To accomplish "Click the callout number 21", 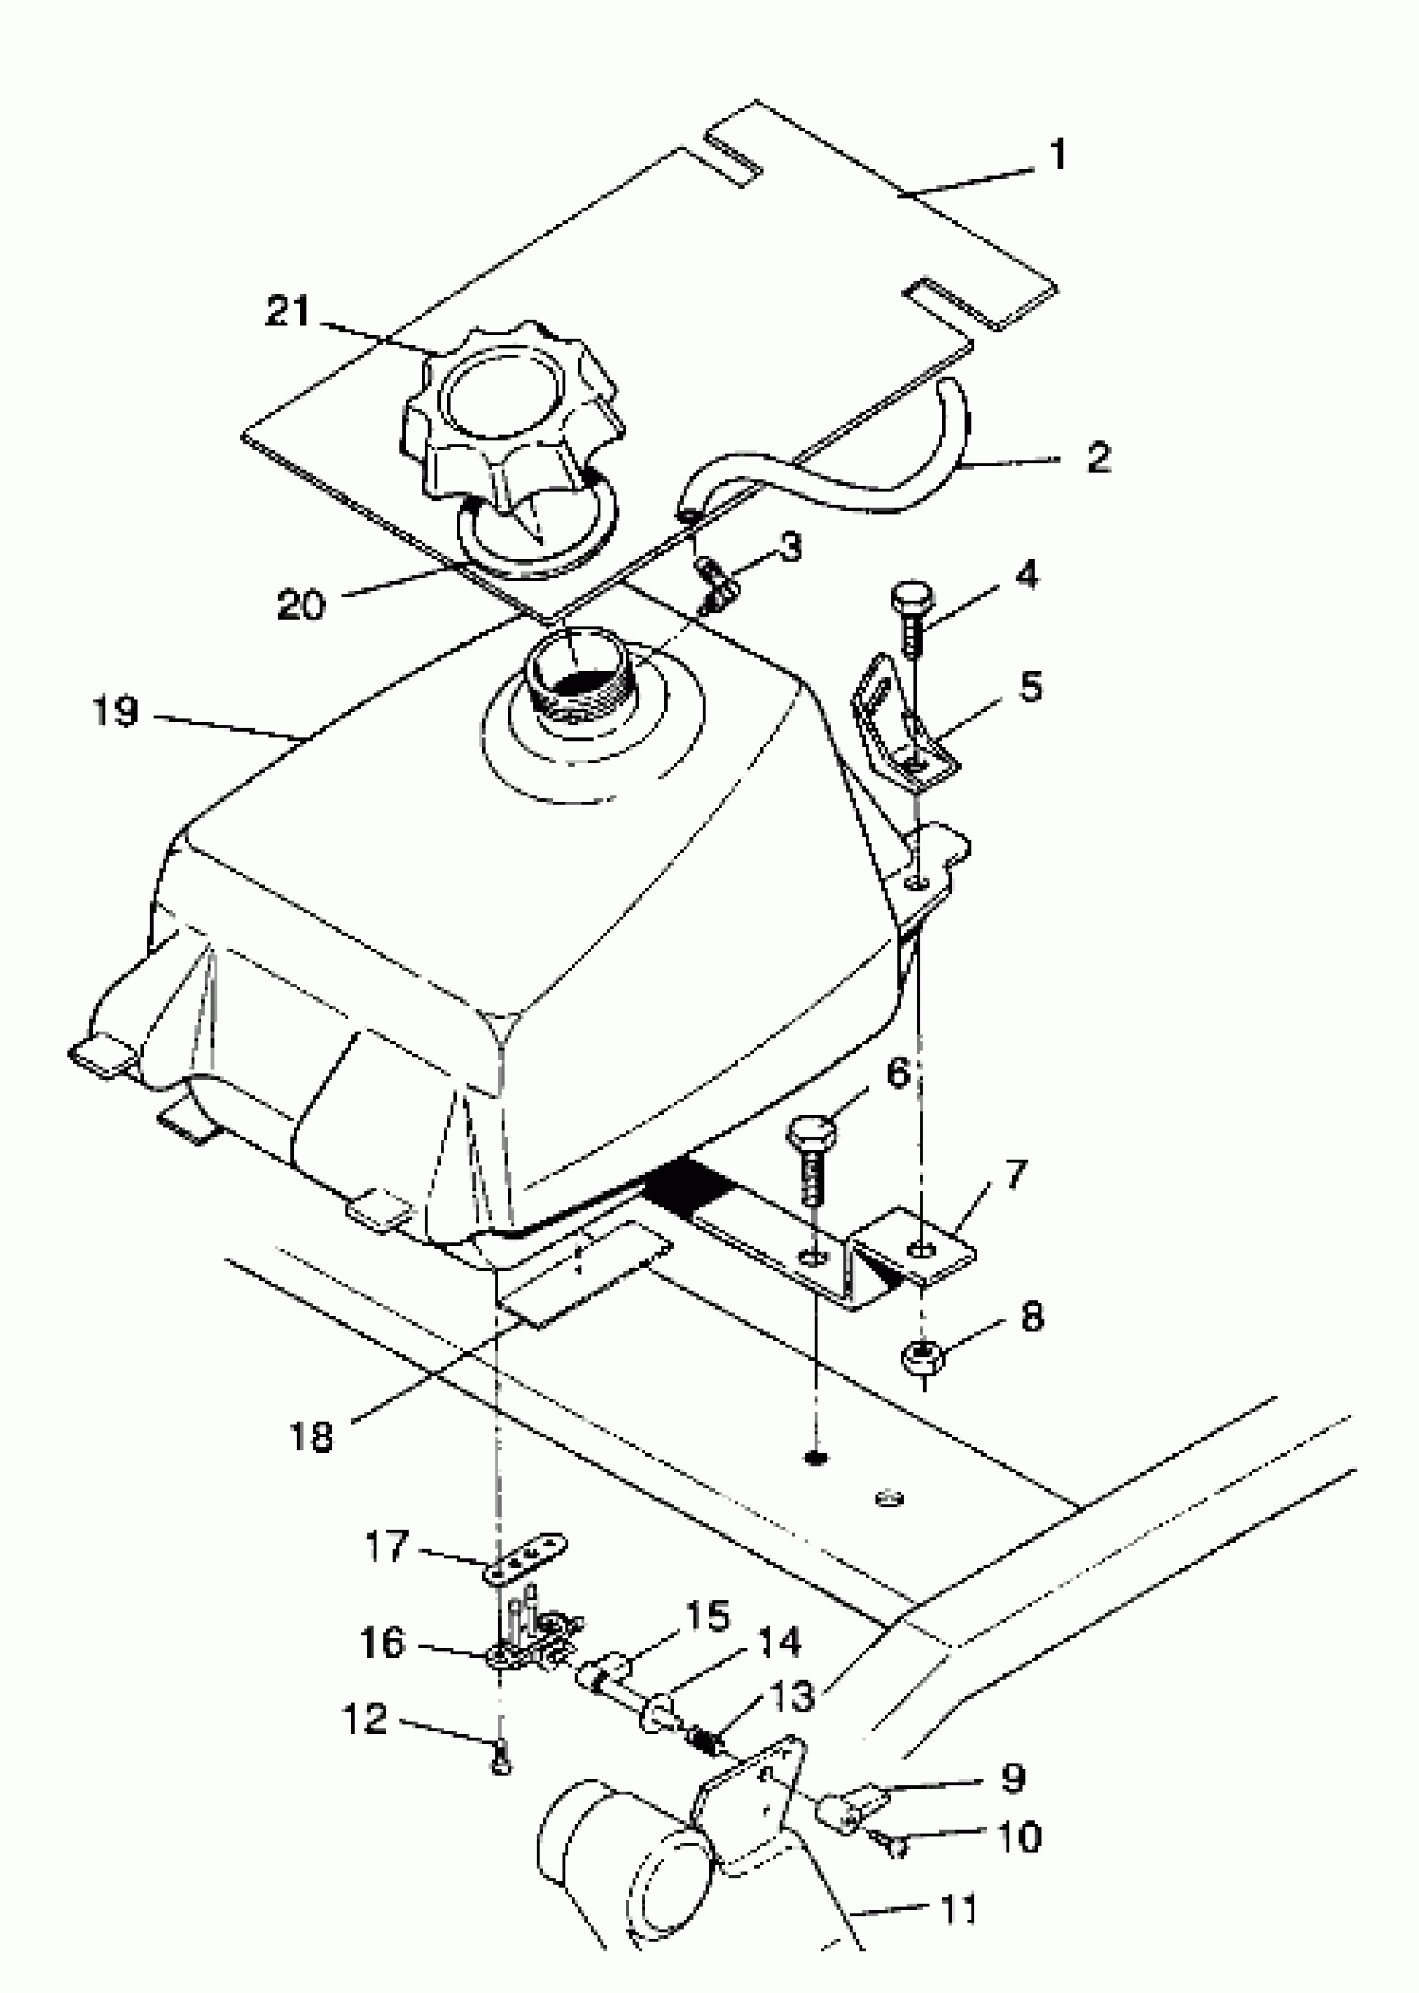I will click(288, 312).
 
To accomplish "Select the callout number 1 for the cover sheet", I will click(1058, 154).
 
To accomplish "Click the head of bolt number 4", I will click(911, 600).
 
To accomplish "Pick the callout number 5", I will click(1030, 687).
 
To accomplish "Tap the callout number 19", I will click(115, 711).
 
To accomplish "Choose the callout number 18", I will click(311, 1436).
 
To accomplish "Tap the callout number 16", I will click(382, 1643).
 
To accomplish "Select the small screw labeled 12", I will click(501, 1767).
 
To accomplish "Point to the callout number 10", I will click(1019, 1837).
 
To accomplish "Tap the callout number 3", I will click(790, 547).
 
